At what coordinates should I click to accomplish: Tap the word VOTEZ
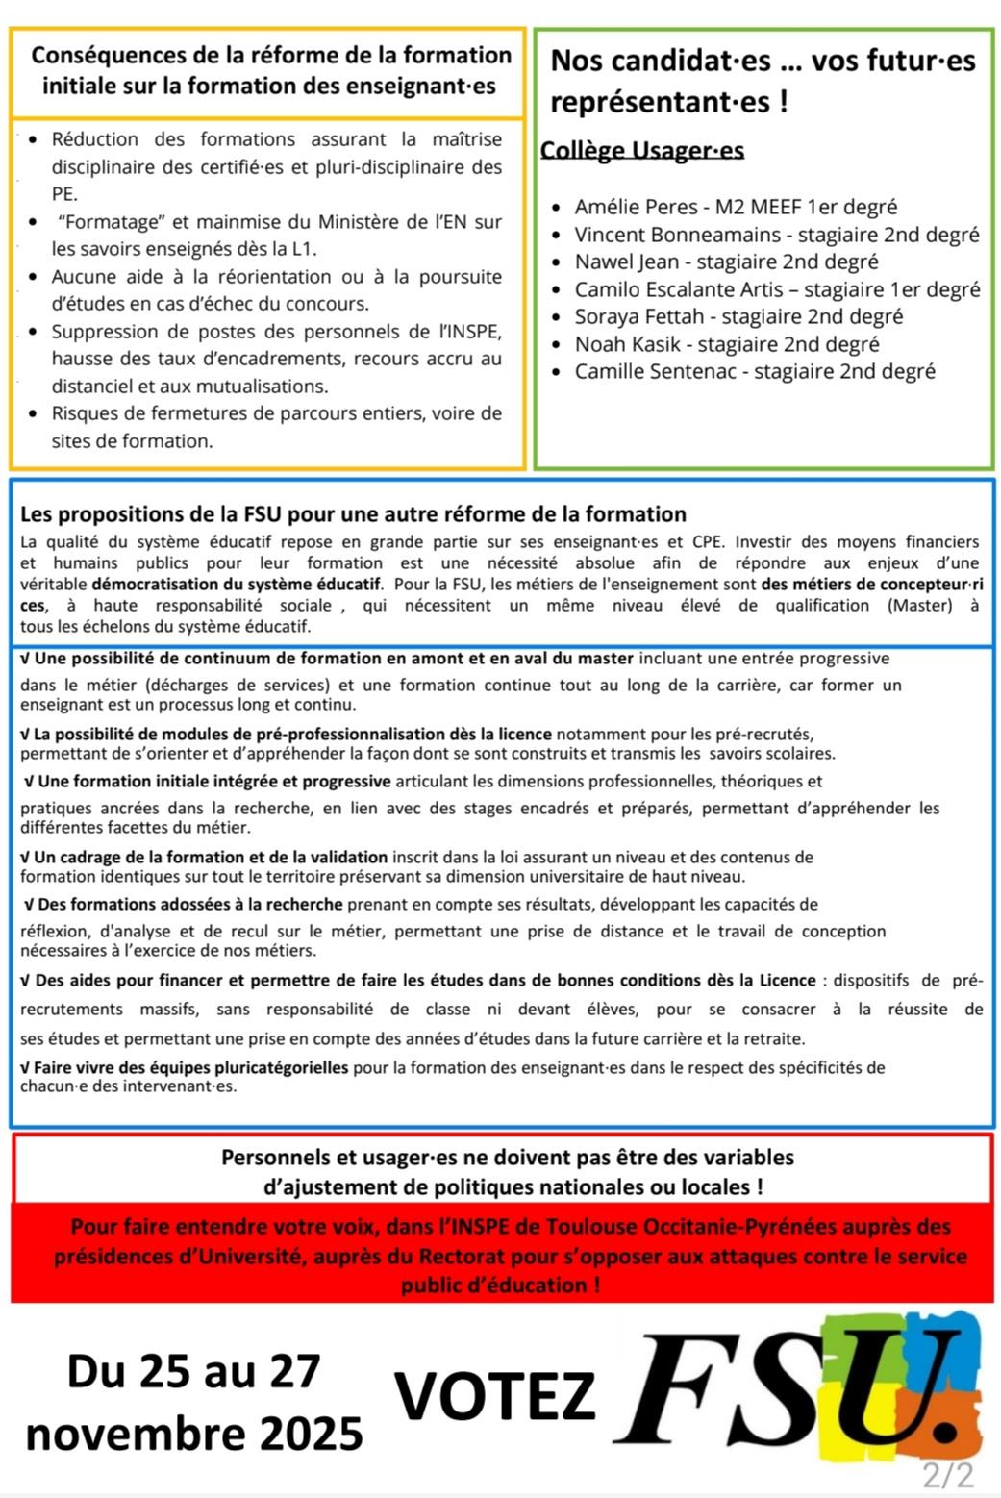click(495, 1397)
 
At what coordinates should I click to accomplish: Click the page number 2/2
click(947, 1475)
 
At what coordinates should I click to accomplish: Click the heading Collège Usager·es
click(641, 150)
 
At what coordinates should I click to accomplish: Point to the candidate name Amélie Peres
click(636, 207)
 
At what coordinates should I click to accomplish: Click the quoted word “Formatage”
click(109, 222)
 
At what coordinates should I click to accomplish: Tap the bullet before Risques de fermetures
click(34, 414)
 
